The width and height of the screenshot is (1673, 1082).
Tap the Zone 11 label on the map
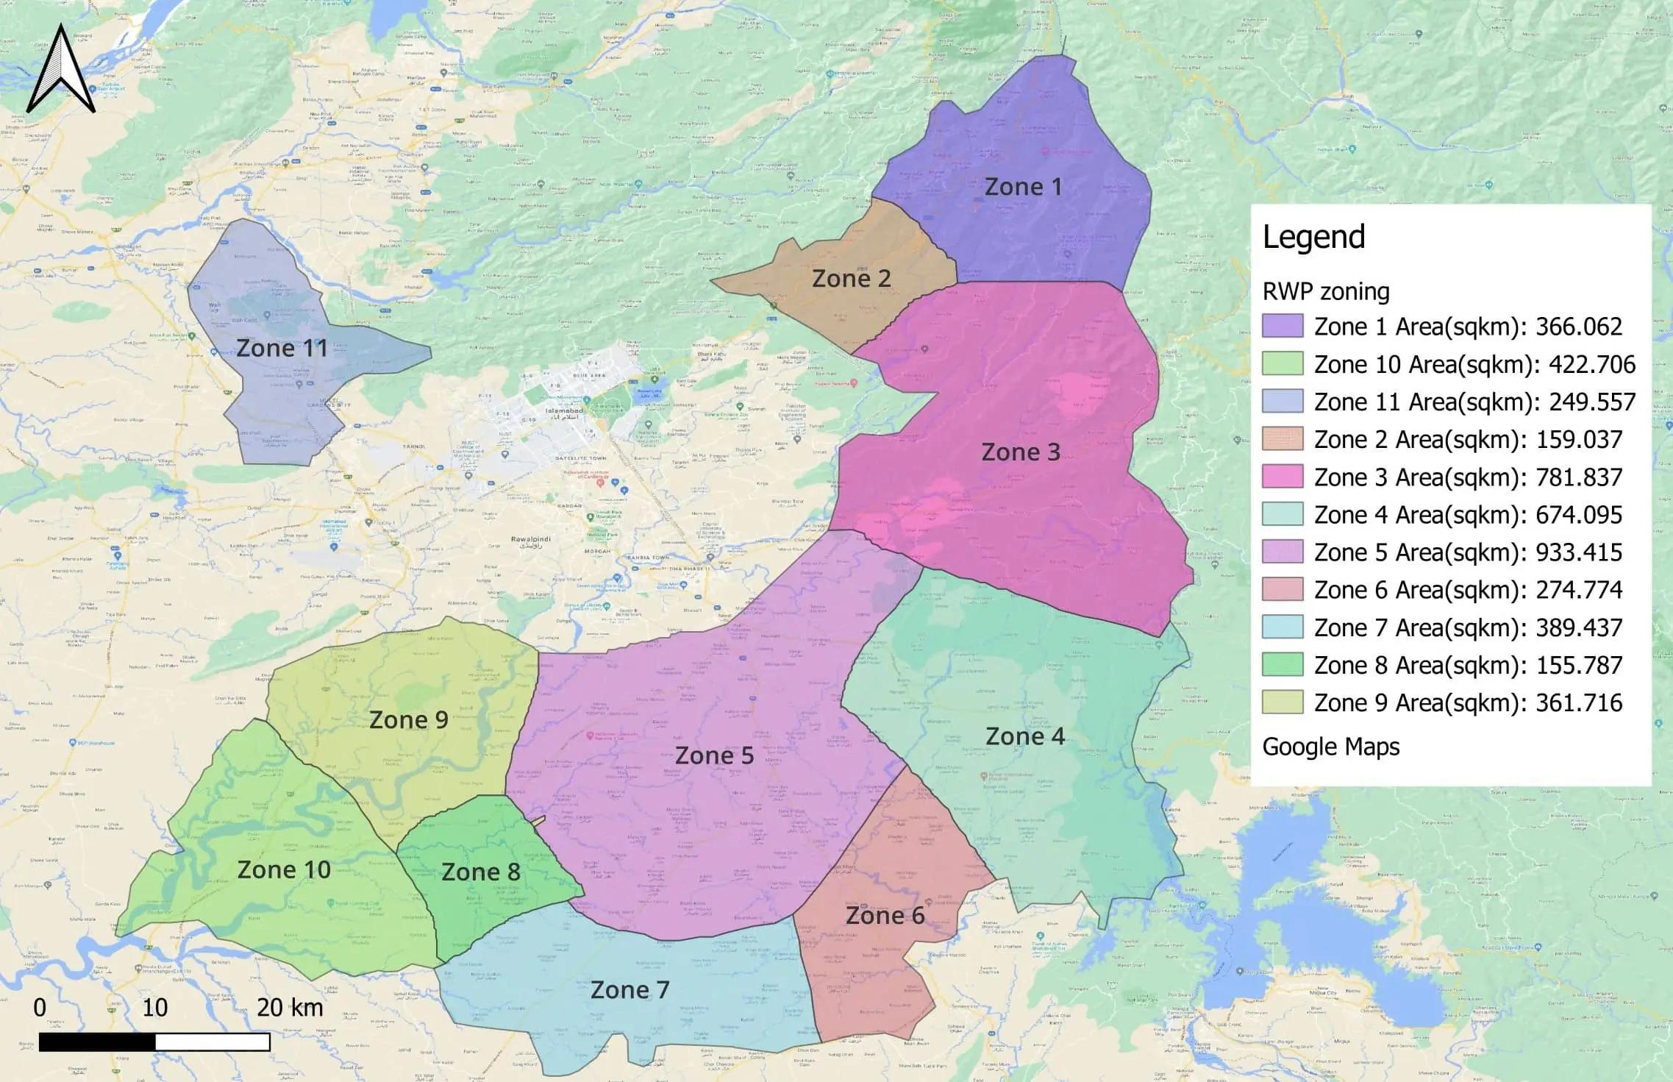coord(282,348)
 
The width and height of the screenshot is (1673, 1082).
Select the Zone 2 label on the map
coord(851,278)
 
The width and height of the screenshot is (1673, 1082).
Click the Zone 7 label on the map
coord(629,990)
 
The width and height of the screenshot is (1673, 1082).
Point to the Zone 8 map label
coord(480,872)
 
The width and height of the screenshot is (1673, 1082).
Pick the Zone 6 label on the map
coord(885,916)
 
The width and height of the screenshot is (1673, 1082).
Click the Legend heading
coord(1313,237)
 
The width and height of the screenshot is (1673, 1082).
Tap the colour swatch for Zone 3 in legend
coord(1283,477)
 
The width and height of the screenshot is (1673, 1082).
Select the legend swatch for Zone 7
coord(1283,627)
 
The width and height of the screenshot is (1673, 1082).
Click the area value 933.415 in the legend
coord(1579,552)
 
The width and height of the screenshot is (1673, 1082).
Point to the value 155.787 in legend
coord(1579,665)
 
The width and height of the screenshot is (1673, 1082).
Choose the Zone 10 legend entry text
coord(1474,364)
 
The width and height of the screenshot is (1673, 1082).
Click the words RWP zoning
coord(1326,292)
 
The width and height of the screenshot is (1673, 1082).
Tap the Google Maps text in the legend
coord(1330,747)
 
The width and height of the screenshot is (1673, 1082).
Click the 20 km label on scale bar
coord(290,1007)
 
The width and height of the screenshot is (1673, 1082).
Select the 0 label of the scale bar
coord(40,1007)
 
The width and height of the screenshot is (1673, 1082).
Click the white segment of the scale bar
coord(213,1042)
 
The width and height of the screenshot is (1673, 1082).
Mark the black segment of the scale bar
coord(97,1042)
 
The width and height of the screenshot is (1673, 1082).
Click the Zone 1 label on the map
coord(1023,187)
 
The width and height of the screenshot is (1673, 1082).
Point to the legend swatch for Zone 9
coord(1283,702)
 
